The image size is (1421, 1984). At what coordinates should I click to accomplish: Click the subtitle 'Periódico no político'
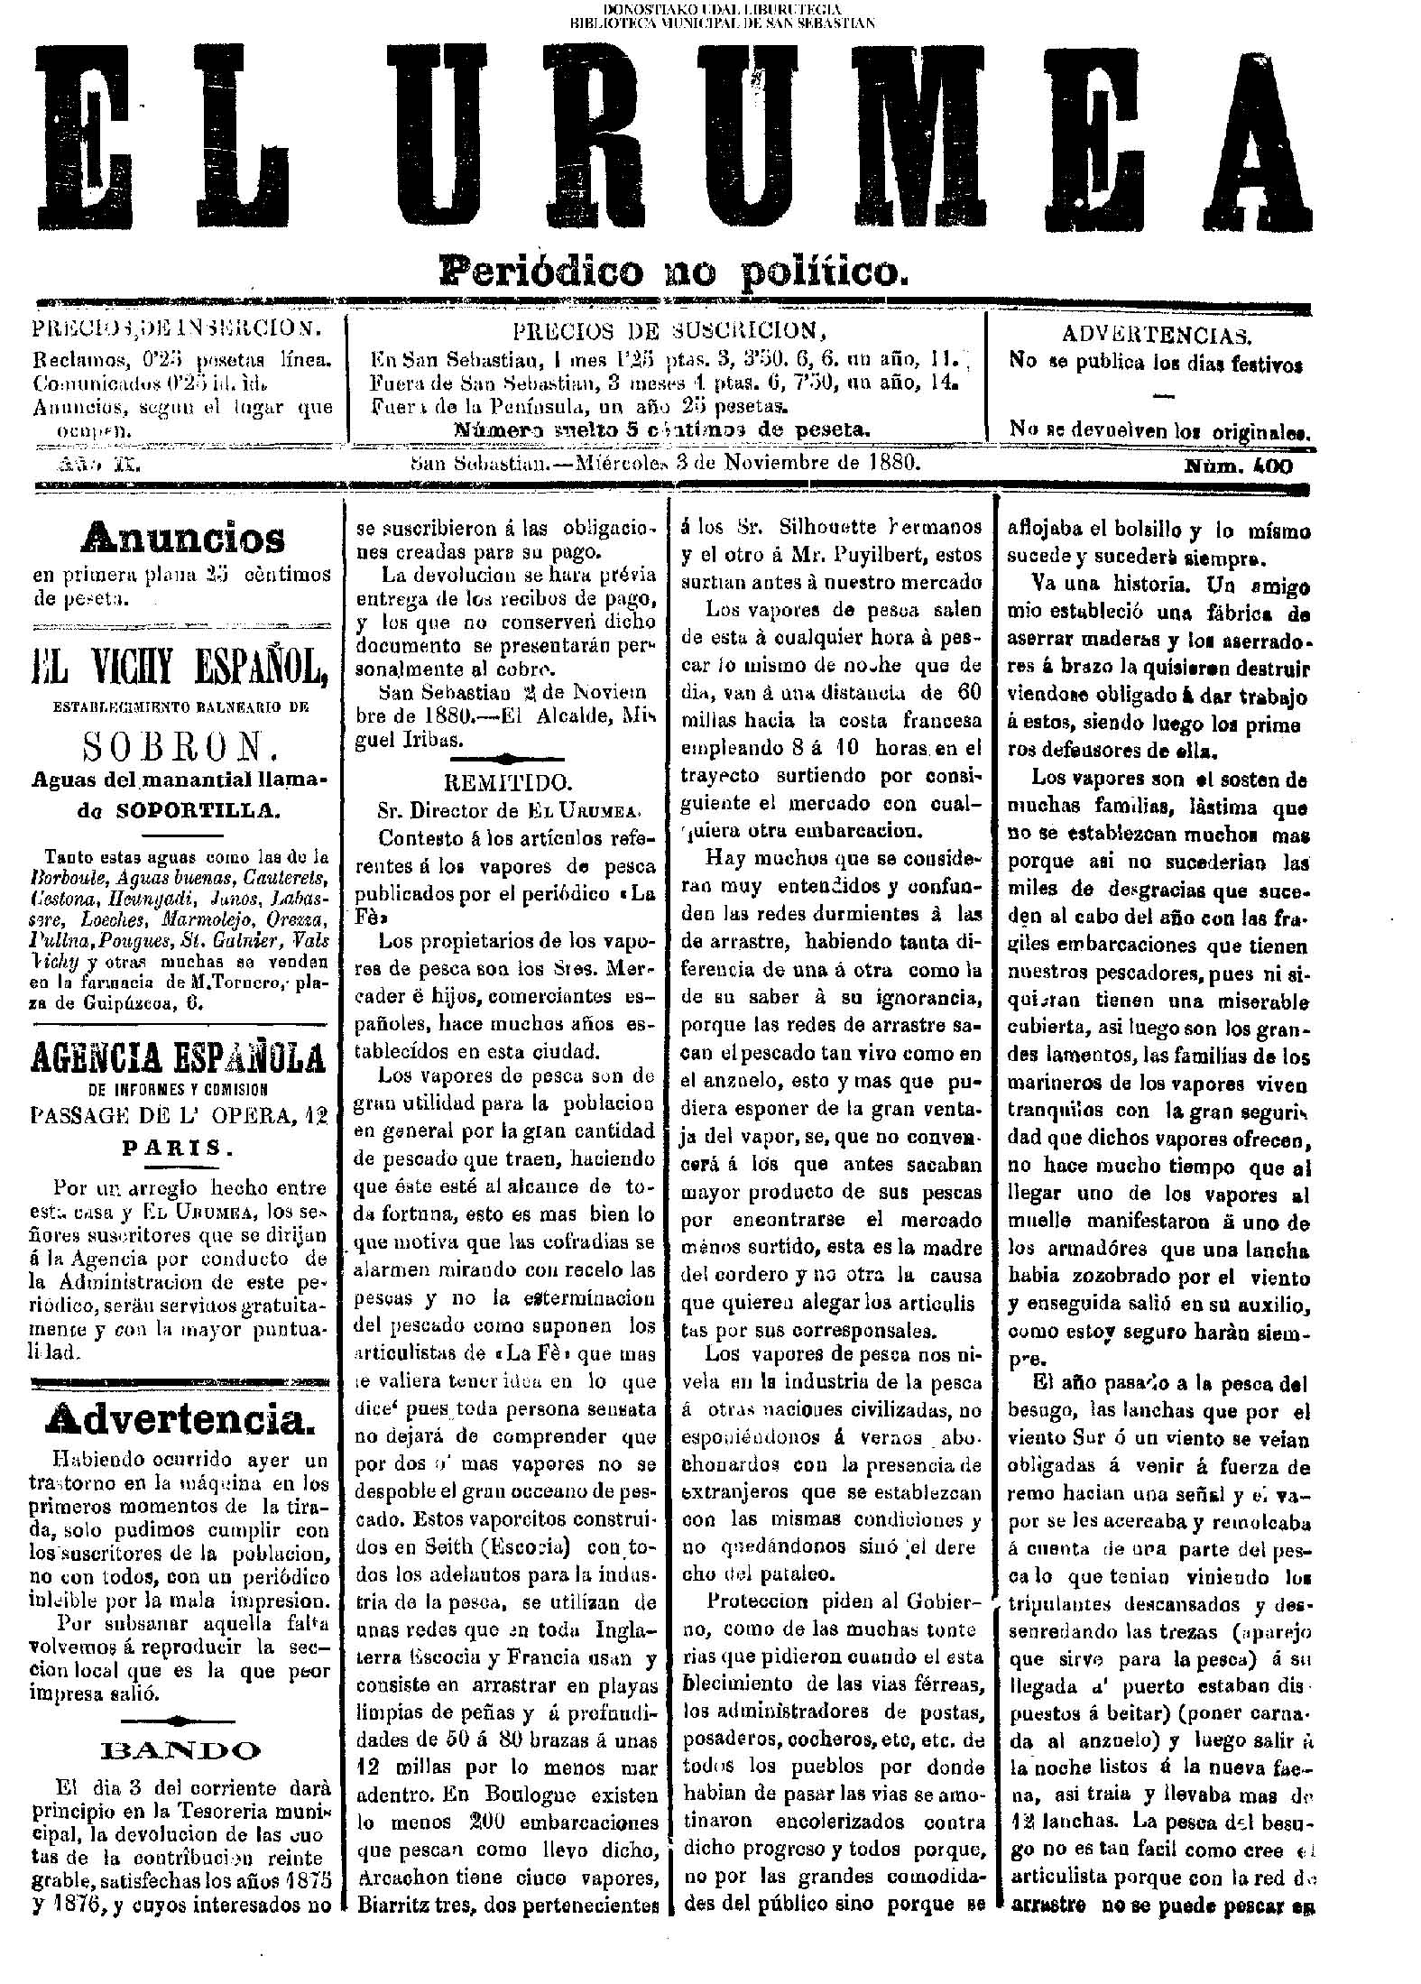coord(671,269)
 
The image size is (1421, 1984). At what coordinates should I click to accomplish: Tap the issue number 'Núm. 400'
coord(1238,466)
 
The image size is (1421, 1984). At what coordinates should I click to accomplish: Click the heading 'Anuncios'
coord(182,539)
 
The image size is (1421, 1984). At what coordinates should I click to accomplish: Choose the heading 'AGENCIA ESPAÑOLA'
coord(179,1057)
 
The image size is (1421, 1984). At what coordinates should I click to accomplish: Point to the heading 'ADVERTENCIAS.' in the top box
coord(1157,336)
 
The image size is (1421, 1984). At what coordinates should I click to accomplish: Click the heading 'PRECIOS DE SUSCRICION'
coord(669,329)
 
